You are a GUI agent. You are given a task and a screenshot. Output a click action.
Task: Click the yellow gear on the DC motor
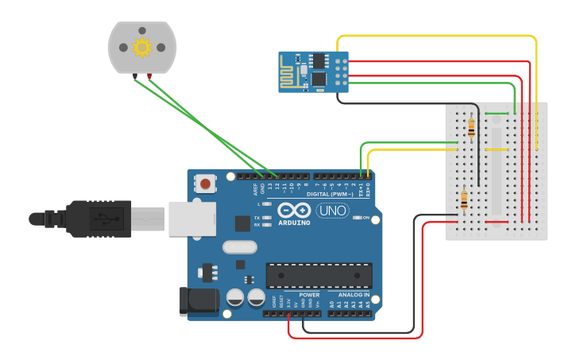pos(142,48)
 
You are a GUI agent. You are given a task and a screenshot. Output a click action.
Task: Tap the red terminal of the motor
pos(149,76)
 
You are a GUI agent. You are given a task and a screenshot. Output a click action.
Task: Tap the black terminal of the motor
pos(136,76)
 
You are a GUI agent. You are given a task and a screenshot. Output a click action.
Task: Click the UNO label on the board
pos(332,211)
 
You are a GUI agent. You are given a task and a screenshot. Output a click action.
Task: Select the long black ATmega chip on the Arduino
pos(319,275)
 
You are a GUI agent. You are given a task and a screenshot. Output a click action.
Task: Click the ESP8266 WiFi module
pos(312,72)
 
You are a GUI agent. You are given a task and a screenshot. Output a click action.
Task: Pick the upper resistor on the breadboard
pos(472,125)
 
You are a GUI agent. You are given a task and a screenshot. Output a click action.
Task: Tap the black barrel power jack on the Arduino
pos(199,301)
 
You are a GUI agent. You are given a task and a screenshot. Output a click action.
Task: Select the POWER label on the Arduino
pos(309,295)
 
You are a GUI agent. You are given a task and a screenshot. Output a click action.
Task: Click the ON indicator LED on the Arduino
pos(357,218)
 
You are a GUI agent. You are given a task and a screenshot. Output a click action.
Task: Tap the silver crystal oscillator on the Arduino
pos(240,247)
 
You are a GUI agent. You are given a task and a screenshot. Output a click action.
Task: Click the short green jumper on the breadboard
pos(497,114)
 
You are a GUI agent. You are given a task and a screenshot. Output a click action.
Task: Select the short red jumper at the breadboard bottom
pos(497,222)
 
